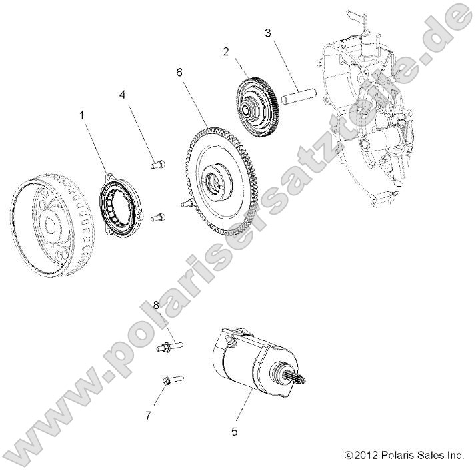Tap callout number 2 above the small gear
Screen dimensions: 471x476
click(226, 51)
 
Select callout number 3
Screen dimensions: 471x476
click(267, 32)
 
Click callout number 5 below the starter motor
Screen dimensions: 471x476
click(234, 432)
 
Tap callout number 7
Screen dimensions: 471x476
click(148, 415)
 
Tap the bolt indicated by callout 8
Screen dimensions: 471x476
click(169, 346)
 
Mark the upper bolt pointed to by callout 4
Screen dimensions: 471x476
click(157, 164)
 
